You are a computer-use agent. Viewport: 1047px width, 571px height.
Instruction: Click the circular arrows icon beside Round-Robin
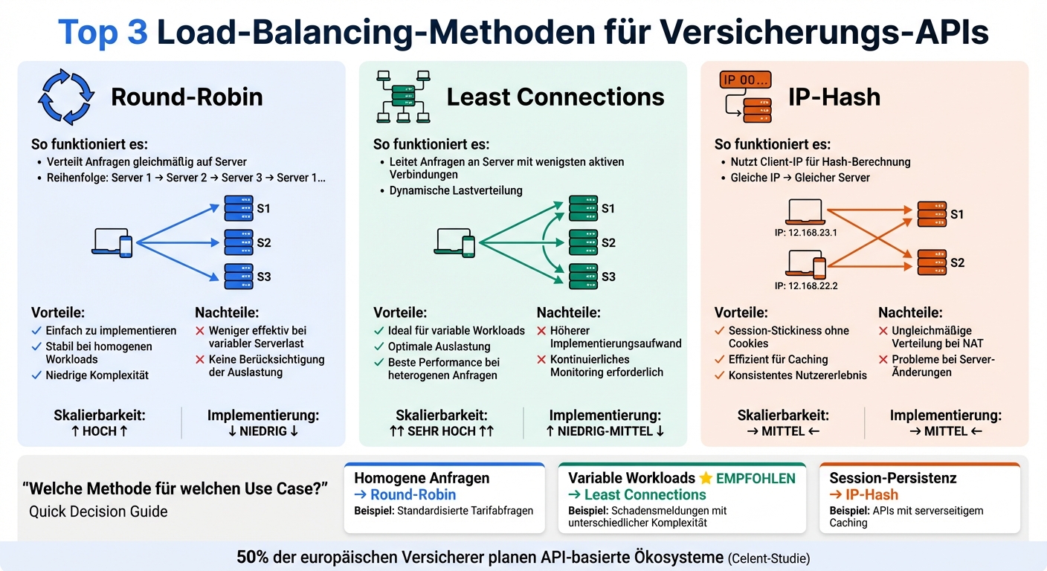[67, 97]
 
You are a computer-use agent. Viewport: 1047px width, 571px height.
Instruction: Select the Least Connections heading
[555, 97]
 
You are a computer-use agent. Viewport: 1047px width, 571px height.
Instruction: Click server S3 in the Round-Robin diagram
[238, 277]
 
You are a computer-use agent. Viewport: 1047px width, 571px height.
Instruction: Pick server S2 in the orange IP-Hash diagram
[932, 262]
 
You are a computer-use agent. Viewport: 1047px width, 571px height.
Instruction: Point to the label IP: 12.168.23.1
[805, 233]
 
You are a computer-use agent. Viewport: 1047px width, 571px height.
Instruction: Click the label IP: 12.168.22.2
[805, 285]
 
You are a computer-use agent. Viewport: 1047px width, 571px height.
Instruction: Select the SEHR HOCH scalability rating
[442, 431]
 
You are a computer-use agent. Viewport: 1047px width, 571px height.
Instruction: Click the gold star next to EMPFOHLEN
[705, 478]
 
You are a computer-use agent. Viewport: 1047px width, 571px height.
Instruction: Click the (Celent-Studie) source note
[769, 558]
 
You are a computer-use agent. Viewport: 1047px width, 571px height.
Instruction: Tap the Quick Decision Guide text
[98, 512]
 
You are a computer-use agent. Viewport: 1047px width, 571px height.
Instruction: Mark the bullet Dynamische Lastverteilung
[456, 190]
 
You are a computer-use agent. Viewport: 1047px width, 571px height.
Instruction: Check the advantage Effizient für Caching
[778, 359]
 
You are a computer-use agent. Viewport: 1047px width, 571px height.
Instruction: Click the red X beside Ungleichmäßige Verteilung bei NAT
[883, 331]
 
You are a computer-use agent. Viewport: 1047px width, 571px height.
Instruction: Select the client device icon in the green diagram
[456, 242]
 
